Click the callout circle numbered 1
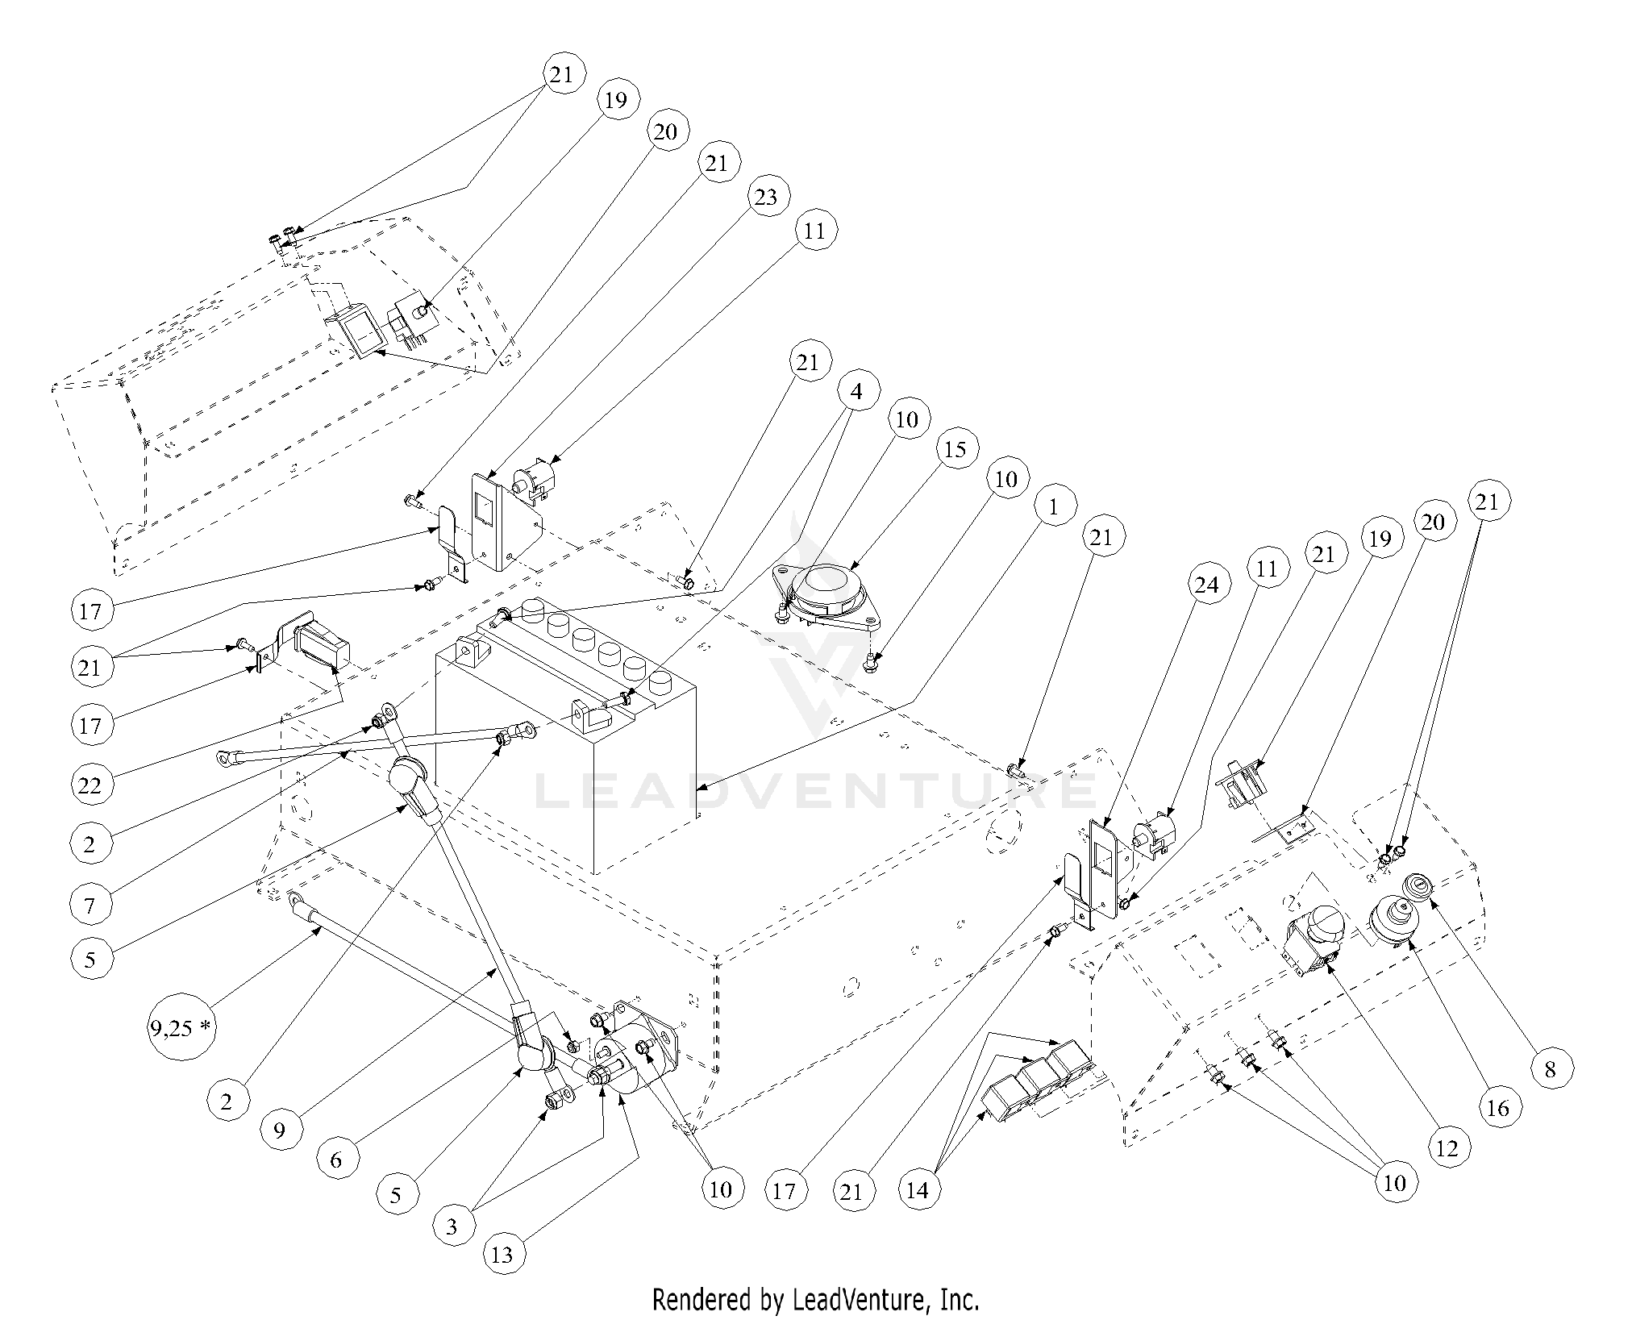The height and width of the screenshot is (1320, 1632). pos(1051,507)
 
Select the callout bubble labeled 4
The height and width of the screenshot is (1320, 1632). pos(856,391)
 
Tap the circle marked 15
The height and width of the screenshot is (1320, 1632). pos(955,448)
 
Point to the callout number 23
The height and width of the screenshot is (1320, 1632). pos(766,196)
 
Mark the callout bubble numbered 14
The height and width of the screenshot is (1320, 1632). pos(918,1189)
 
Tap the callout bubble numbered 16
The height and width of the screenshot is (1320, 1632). pos(1497,1108)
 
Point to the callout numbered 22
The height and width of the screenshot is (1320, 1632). pos(90,785)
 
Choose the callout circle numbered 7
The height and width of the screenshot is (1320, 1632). pos(90,906)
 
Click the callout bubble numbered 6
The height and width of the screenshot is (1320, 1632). pos(336,1160)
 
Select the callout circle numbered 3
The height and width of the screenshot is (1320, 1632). pos(452,1226)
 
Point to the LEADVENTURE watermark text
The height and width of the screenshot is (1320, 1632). pos(814,790)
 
